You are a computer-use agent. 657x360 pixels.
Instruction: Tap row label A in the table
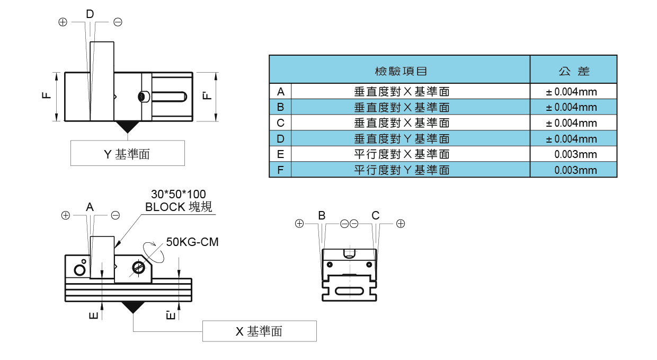280,92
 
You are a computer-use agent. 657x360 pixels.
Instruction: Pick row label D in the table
280,139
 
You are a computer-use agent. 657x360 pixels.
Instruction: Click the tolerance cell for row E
575,155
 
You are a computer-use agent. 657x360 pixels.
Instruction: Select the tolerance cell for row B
572,107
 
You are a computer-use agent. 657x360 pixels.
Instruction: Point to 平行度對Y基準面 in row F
402,170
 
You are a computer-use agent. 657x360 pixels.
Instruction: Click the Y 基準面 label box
127,154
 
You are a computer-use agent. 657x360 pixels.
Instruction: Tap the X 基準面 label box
259,332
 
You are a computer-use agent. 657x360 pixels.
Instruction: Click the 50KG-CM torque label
192,242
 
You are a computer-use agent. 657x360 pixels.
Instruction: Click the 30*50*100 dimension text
178,194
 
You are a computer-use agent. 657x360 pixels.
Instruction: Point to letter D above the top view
90,14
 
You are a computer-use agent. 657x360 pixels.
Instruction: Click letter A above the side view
90,207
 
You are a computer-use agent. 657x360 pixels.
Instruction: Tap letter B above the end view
322,215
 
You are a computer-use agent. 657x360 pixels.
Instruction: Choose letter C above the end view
376,215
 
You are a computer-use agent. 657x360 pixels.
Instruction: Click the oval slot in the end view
349,291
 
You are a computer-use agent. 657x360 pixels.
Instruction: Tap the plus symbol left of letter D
63,22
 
